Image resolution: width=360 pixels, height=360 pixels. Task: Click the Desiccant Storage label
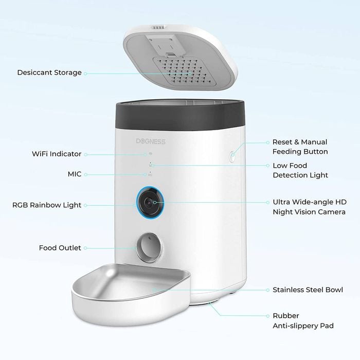pos(49,73)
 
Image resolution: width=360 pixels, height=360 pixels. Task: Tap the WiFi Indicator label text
pos(57,154)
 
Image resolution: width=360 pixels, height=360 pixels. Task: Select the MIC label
pos(75,174)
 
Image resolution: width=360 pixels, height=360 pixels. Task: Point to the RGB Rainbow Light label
pos(47,205)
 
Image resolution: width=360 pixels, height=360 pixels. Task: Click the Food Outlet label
pos(60,248)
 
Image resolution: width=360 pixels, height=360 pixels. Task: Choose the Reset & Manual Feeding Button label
pos(299,147)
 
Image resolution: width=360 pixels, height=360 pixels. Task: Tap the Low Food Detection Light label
pos(297,170)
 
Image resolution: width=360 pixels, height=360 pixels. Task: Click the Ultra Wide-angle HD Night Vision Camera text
pos(309,207)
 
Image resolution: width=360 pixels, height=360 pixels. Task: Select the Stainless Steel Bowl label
pos(308,290)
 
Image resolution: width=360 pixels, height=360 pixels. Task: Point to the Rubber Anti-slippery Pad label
pos(302,320)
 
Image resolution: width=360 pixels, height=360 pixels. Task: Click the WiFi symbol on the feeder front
pos(151,153)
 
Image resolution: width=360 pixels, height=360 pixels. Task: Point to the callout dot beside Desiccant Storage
pos(85,73)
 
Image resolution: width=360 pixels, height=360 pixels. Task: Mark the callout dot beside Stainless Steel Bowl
pos(268,290)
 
